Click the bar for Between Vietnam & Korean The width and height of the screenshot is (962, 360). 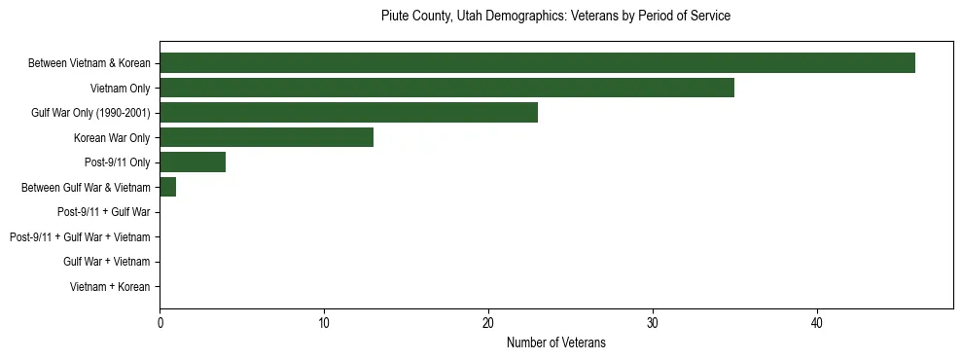[x=537, y=63]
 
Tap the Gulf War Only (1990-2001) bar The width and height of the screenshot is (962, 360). [x=348, y=113]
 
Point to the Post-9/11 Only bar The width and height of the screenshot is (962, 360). [x=193, y=162]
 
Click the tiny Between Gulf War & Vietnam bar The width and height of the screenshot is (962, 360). [x=167, y=188]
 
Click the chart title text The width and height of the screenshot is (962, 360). [x=555, y=17]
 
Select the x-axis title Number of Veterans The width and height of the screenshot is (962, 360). [x=555, y=342]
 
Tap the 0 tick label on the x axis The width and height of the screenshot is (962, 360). [x=160, y=323]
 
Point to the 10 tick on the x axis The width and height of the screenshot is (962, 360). [x=324, y=323]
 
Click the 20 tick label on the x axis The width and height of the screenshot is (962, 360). [x=488, y=323]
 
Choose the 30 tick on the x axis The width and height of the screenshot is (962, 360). [x=653, y=323]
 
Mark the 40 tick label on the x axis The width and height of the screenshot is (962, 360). [x=818, y=323]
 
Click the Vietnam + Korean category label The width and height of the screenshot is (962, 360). [x=110, y=287]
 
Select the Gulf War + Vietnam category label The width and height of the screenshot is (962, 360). [x=106, y=262]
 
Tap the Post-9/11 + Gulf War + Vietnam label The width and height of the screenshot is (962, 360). [x=80, y=237]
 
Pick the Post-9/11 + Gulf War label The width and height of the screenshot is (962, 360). [x=103, y=212]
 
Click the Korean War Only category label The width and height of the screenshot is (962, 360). [x=112, y=138]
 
